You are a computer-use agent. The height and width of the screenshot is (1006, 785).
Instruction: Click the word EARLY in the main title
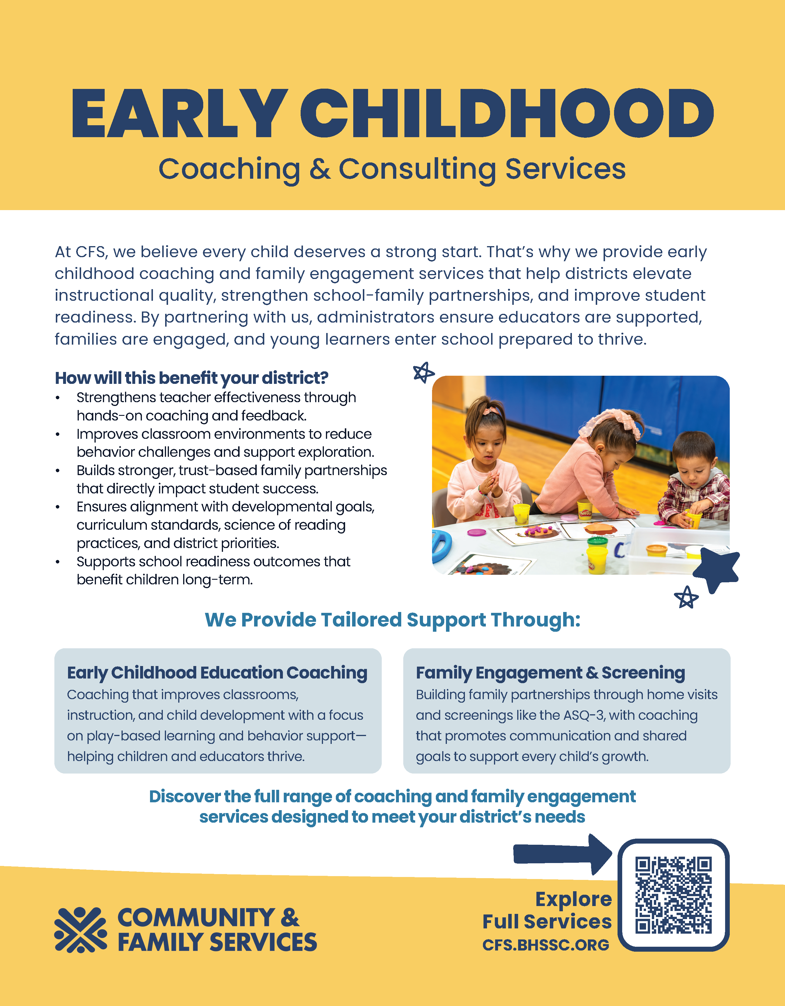[177, 114]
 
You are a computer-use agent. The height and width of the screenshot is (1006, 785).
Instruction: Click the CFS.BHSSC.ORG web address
[546, 945]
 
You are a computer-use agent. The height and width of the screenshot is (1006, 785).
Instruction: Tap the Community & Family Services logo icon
[81, 930]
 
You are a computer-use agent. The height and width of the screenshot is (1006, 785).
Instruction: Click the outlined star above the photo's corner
[423, 372]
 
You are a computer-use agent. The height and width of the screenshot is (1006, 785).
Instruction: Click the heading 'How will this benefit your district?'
[191, 378]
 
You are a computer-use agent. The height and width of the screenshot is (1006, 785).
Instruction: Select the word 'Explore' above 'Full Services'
[573, 899]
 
